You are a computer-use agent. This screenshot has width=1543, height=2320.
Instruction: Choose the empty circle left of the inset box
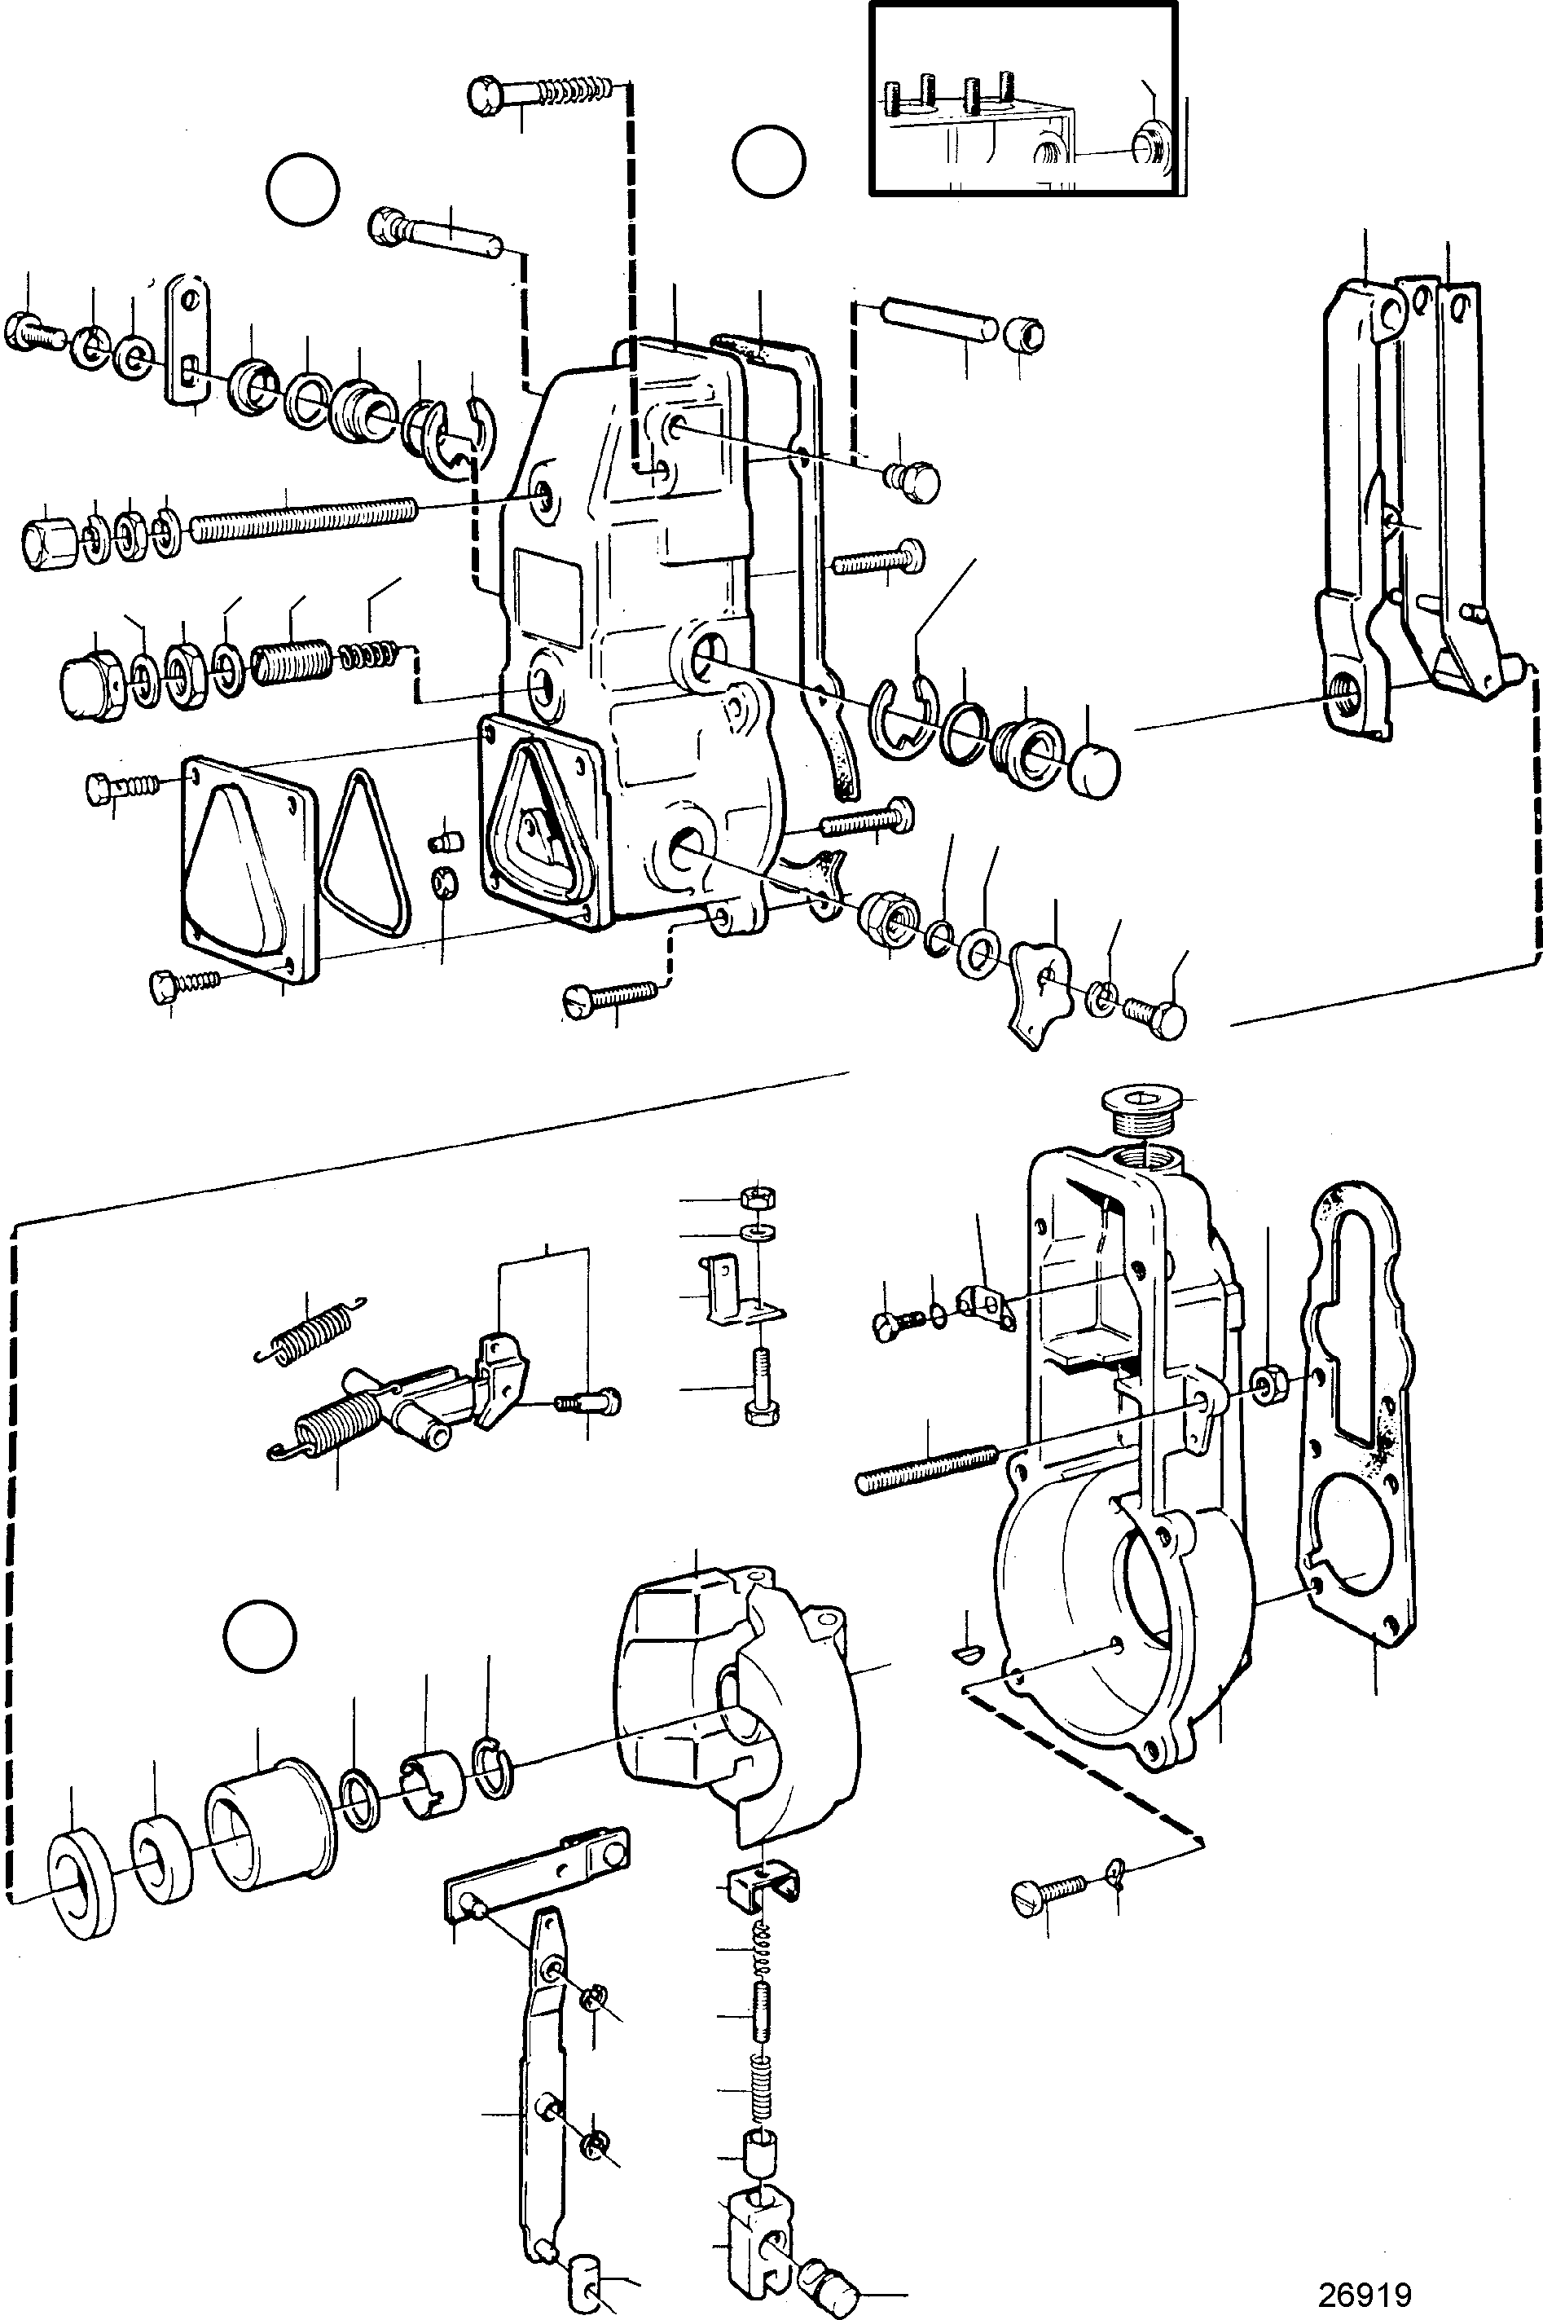[768, 161]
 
